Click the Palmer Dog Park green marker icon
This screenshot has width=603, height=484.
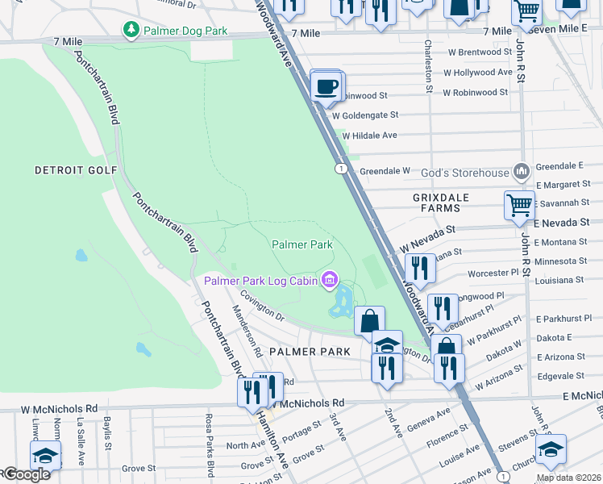click(x=131, y=30)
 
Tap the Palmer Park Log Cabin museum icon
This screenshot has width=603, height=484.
click(x=329, y=280)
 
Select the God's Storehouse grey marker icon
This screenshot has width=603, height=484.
click(x=521, y=172)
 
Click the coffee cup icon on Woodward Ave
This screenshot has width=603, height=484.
click(x=326, y=86)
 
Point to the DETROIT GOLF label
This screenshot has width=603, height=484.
click(x=77, y=170)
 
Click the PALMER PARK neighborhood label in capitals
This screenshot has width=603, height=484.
click(x=310, y=352)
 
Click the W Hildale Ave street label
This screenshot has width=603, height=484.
click(x=370, y=136)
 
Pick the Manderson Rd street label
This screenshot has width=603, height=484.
click(x=247, y=331)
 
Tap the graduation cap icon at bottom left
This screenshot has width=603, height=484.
click(x=46, y=454)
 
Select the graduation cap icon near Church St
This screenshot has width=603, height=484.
click(x=551, y=449)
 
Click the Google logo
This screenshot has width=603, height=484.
click(x=26, y=474)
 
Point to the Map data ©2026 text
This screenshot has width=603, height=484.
click(x=568, y=478)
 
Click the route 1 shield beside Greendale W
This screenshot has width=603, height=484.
click(x=342, y=168)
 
